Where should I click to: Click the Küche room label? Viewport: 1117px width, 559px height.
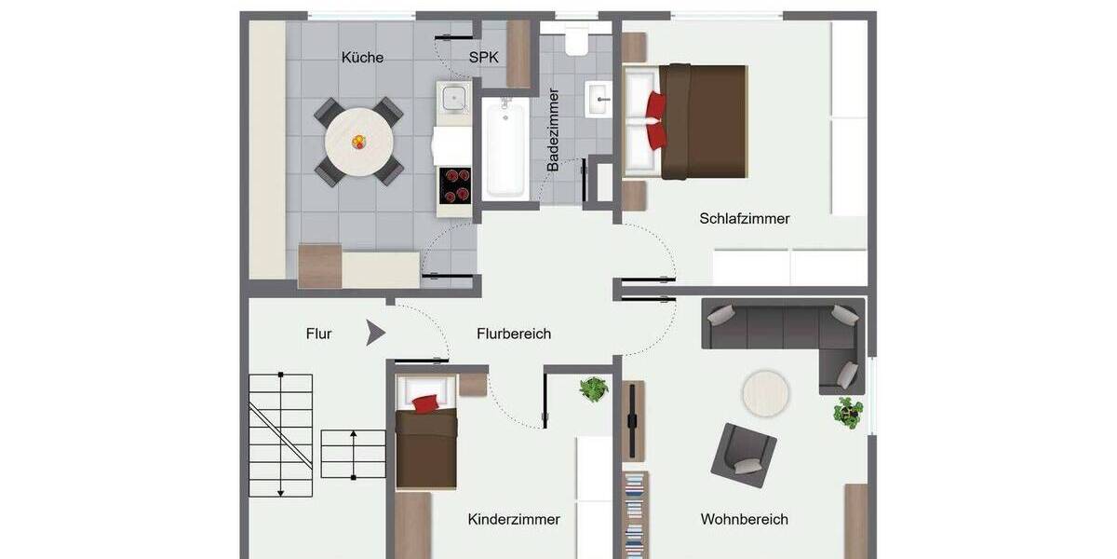coord(362,58)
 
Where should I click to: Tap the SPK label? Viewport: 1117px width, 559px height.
coord(483,58)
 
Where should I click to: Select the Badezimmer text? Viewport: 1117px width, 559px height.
coord(554,130)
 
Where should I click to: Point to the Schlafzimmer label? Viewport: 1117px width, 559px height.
coord(745,219)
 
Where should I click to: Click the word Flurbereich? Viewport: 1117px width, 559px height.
coord(514,334)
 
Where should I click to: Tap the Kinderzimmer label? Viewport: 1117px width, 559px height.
coord(514,520)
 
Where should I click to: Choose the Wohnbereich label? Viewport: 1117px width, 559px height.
coord(745,520)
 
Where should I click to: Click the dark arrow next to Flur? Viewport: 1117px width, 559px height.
coord(375,333)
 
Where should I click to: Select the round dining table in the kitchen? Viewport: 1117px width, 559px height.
coord(358,143)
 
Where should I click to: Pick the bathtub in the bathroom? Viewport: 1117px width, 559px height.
coord(505,149)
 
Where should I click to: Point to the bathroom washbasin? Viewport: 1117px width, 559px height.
coord(598,98)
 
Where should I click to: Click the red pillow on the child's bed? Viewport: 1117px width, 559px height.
coord(425,403)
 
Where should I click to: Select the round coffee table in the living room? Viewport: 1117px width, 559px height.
coord(765,394)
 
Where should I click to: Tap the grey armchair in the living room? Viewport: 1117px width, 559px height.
coord(744,455)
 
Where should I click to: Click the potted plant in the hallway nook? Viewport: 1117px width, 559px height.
coord(593,389)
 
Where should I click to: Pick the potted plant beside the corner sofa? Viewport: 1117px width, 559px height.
coord(847,412)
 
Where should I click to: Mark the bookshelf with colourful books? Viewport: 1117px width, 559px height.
coord(635,512)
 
